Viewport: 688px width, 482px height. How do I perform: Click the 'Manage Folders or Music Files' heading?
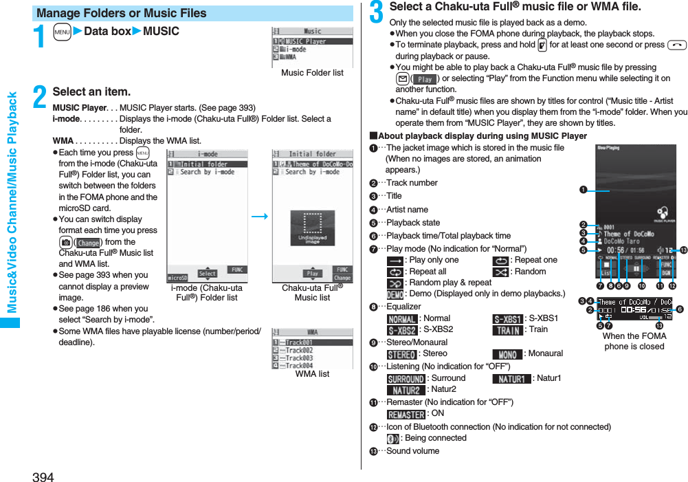[x=122, y=13]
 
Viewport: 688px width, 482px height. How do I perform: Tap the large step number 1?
[x=41, y=36]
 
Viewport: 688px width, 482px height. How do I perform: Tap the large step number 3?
[x=377, y=12]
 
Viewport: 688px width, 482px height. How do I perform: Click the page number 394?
[x=43, y=476]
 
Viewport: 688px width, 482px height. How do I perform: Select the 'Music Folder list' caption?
[x=312, y=73]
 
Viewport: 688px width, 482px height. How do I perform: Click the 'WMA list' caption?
[x=312, y=374]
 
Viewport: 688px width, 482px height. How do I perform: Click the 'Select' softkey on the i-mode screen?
[x=207, y=274]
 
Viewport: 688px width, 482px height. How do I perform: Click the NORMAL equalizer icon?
[x=401, y=319]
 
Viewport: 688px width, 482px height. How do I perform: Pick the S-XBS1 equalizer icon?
[x=507, y=319]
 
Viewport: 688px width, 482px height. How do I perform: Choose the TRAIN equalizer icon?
[x=507, y=330]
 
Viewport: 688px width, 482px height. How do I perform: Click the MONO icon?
[x=507, y=354]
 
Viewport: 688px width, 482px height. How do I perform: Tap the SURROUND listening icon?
[x=406, y=379]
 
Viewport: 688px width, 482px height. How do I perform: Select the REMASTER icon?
[x=406, y=415]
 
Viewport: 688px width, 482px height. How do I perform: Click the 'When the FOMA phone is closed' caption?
[x=634, y=341]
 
